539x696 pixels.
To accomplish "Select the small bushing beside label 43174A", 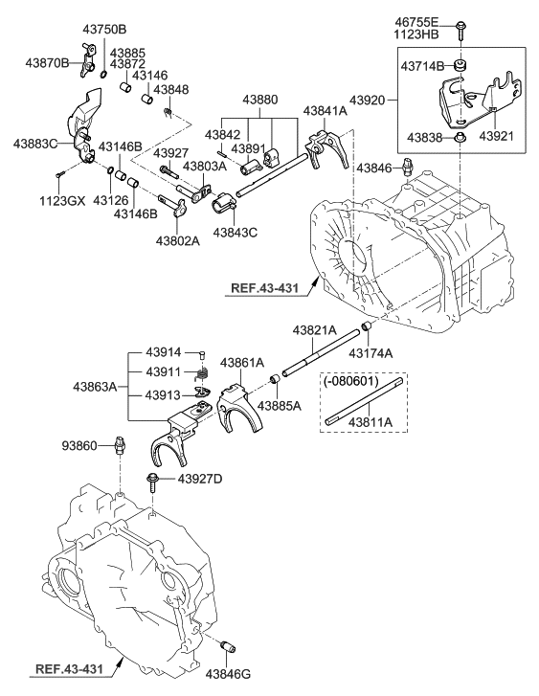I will point(366,331).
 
